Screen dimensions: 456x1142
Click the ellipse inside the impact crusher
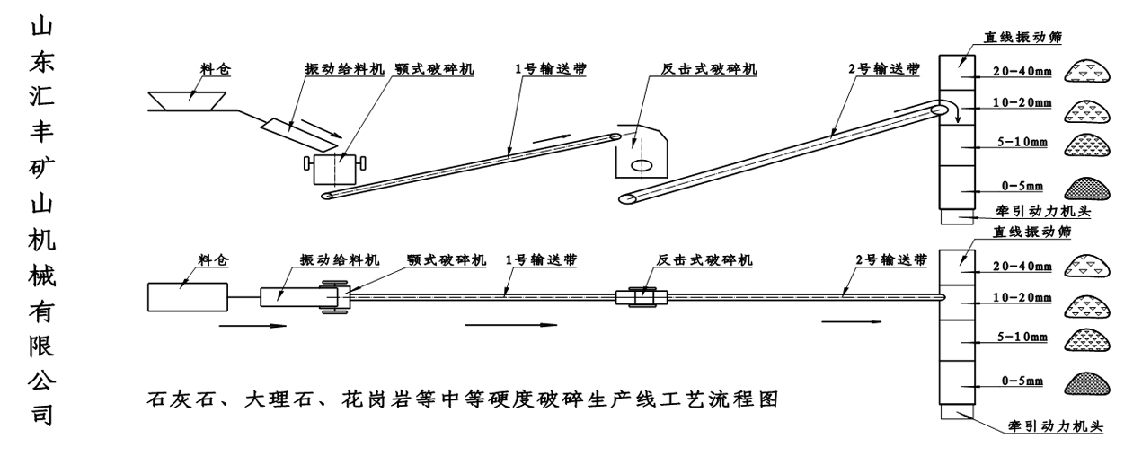[641, 165]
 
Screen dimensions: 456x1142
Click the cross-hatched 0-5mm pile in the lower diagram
[1088, 381]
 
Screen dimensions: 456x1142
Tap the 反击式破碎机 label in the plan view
[704, 260]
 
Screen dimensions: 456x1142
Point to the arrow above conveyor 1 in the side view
[550, 140]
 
